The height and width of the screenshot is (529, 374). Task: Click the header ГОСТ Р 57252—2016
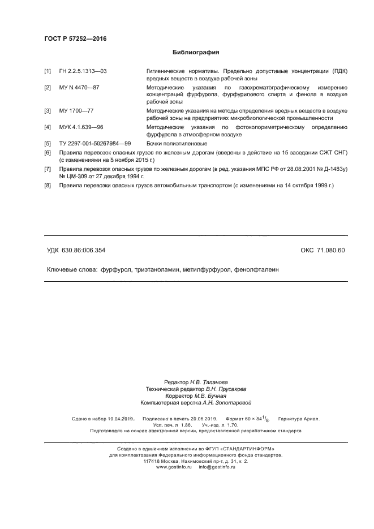point(75,38)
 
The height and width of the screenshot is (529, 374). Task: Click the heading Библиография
point(196,53)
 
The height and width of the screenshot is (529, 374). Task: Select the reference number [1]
point(48,71)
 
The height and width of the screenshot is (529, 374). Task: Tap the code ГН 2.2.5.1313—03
point(83,71)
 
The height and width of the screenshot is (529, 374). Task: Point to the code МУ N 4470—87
point(79,88)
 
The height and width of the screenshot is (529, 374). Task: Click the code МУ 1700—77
point(76,112)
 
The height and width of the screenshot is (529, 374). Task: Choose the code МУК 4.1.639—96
point(81,128)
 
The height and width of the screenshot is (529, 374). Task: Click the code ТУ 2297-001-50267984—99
point(94,144)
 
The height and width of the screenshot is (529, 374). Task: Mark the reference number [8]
point(48,186)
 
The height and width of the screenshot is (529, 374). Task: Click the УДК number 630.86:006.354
point(83,250)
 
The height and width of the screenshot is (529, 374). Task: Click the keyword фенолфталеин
point(255,270)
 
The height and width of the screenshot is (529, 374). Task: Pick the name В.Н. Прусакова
point(226,389)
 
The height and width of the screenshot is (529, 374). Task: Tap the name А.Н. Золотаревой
point(226,403)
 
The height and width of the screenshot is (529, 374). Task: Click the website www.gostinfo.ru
point(174,467)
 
